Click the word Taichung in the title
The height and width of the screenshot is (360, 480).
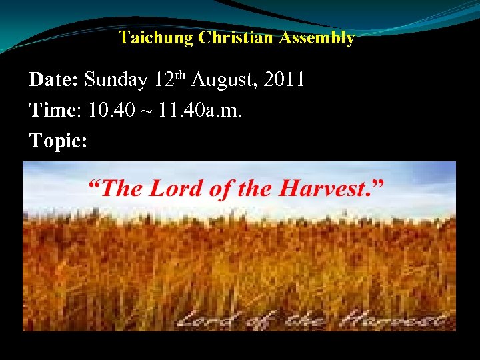click(x=155, y=38)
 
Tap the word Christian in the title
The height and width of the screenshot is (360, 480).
click(x=237, y=38)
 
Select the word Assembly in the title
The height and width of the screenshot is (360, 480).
click(x=317, y=38)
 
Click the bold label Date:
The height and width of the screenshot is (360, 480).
click(x=54, y=81)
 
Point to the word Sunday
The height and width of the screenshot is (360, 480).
click(x=116, y=81)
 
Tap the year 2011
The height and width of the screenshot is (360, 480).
click(x=285, y=81)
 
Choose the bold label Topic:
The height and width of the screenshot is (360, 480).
click(x=58, y=141)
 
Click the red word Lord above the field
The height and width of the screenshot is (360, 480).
click(x=175, y=189)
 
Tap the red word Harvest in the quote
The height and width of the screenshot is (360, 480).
click(x=322, y=189)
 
